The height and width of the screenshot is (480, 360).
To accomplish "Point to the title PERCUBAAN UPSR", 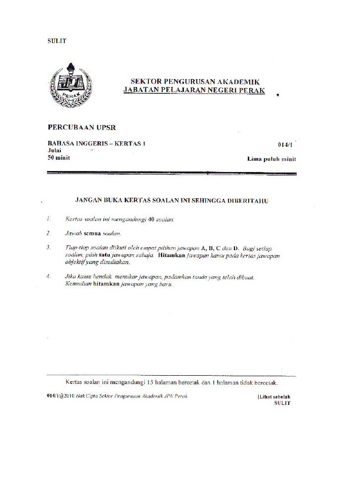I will tap(81, 127).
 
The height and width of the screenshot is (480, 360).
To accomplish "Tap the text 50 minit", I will tap(58, 157).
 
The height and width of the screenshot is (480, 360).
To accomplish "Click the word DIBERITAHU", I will tap(246, 202).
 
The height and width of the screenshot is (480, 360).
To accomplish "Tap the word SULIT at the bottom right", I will tap(282, 403).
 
